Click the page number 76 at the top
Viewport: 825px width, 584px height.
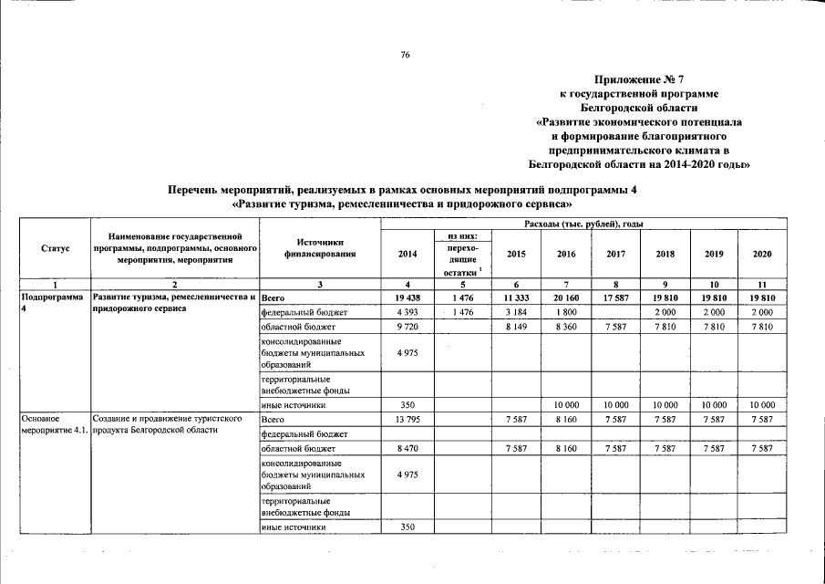(406, 56)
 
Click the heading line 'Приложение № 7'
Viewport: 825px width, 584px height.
(642, 79)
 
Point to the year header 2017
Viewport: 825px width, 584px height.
(615, 255)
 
